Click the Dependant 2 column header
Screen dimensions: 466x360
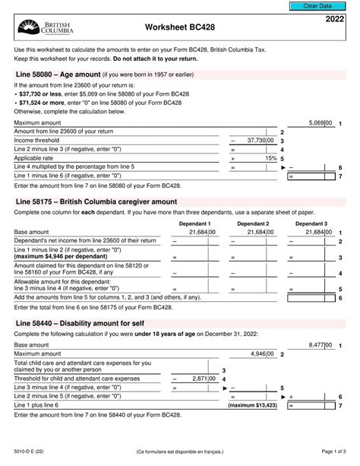tap(253, 224)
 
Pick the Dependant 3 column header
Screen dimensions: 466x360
tap(311, 224)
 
